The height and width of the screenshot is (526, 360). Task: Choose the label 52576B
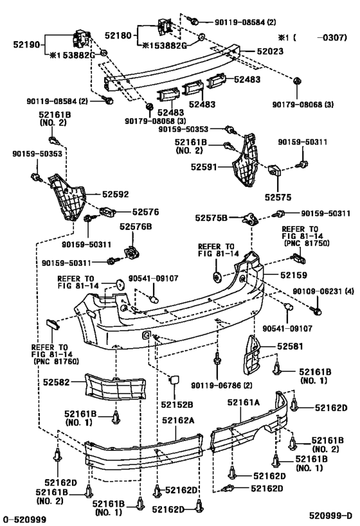pos(135,227)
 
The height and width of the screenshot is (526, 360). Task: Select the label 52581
pos(292,346)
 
